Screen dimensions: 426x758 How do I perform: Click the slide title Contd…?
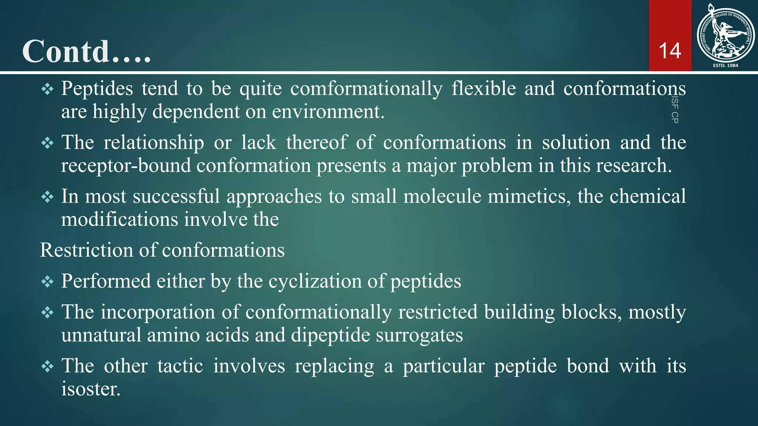point(87,51)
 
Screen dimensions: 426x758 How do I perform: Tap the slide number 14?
point(670,51)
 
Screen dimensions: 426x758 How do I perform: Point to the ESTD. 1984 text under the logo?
point(725,65)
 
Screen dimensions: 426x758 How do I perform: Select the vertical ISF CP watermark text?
point(675,109)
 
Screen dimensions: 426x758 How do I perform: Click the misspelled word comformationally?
point(366,89)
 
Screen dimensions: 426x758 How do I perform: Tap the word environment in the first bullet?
point(328,111)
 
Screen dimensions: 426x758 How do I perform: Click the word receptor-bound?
point(126,165)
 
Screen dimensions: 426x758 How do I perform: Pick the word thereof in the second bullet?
point(317,142)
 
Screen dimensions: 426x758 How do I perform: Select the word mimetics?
point(527,196)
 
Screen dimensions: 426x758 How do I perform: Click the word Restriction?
point(86,250)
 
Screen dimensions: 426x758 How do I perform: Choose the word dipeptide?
point(331,335)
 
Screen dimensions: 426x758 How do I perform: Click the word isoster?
point(91,389)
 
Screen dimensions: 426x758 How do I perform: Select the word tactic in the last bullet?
point(180,366)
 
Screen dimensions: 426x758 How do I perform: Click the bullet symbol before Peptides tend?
point(47,89)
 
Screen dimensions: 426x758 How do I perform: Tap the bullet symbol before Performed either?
point(47,282)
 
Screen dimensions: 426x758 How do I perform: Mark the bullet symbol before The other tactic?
point(47,366)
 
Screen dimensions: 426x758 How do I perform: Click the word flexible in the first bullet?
point(483,89)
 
